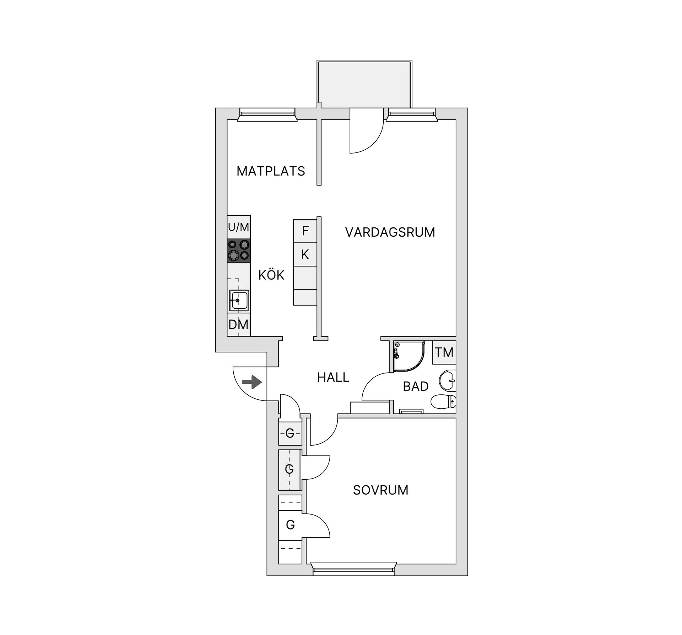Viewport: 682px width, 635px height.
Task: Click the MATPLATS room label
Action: pyautogui.click(x=271, y=171)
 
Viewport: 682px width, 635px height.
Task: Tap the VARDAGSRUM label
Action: pyautogui.click(x=390, y=232)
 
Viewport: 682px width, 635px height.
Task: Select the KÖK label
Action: pyautogui.click(x=271, y=275)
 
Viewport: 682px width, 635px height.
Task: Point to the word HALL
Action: pyautogui.click(x=333, y=377)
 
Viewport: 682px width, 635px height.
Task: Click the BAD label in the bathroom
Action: pyautogui.click(x=416, y=387)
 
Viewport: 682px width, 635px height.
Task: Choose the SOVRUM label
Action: pyautogui.click(x=380, y=490)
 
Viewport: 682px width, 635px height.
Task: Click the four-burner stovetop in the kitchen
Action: pyautogui.click(x=239, y=251)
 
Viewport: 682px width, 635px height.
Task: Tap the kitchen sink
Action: pyautogui.click(x=239, y=301)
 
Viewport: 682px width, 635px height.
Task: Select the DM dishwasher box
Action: pyautogui.click(x=239, y=324)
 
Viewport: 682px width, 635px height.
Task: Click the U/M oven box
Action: pyautogui.click(x=239, y=227)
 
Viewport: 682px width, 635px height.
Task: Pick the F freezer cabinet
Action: pyautogui.click(x=305, y=231)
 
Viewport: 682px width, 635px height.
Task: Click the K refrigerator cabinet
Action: pyautogui.click(x=305, y=254)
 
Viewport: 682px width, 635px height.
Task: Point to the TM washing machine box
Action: pyautogui.click(x=444, y=353)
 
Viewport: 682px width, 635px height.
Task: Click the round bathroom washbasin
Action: pyautogui.click(x=447, y=381)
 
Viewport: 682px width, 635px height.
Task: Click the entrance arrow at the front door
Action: pyautogui.click(x=252, y=382)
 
